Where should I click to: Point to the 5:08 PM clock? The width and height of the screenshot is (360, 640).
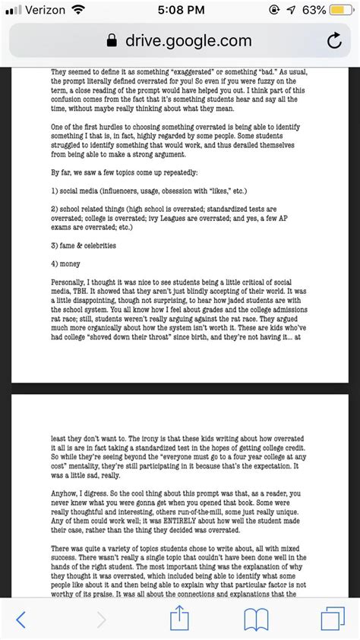[x=179, y=11]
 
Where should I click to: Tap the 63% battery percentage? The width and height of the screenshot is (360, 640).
[x=311, y=11]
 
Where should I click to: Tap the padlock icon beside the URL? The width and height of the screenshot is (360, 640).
[x=113, y=42]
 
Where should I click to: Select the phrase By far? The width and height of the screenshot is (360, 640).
[x=61, y=171]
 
